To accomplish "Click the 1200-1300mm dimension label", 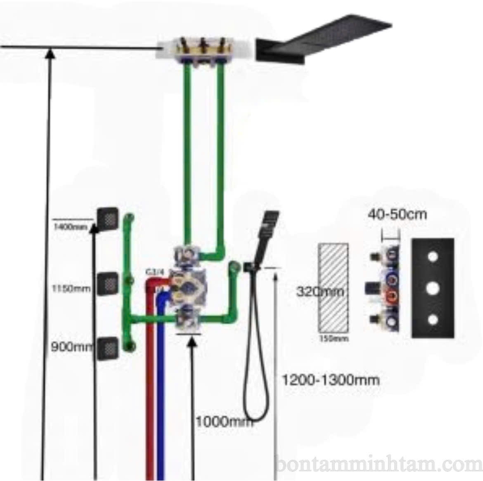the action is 330,379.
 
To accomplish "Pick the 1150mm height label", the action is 71,288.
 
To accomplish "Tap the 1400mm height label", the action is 71,227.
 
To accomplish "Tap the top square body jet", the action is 107,218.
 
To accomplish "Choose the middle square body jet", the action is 107,283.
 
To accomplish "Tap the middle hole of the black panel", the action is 432,288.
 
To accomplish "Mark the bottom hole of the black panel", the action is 432,320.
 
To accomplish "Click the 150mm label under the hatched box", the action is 333,338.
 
